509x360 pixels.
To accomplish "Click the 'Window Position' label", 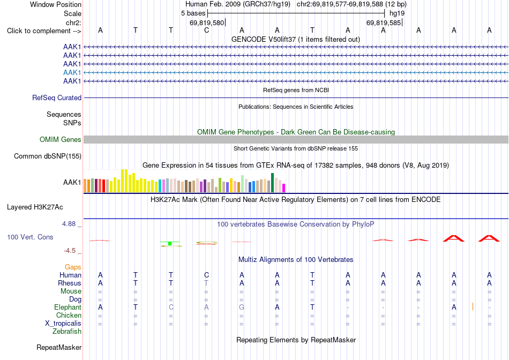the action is click(56, 4).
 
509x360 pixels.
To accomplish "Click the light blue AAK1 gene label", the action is click(72, 72).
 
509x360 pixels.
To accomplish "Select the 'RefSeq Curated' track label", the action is click(57, 97).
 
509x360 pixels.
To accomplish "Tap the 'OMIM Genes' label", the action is click(61, 140).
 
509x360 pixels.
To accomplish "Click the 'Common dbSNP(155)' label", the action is click(48, 156).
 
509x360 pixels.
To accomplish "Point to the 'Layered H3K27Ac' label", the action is click(35, 207).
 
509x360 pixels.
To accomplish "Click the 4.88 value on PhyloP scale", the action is click(69, 224).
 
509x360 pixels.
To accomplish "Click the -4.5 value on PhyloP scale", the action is click(70, 251).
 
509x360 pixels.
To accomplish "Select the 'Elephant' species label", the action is click(68, 307).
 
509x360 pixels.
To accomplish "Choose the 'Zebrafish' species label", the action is click(67, 332).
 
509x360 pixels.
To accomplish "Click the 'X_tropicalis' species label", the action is click(63, 324).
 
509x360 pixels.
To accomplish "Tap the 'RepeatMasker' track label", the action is click(59, 347).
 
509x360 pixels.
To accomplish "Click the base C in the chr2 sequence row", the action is click(206, 31).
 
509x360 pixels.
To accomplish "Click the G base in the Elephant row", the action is click(242, 307).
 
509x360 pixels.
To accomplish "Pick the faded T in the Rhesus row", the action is click(206, 283).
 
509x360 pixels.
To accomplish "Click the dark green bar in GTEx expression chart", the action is click(272, 183).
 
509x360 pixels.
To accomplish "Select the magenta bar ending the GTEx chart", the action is click(284, 188).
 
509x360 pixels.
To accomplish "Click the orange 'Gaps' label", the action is click(73, 267).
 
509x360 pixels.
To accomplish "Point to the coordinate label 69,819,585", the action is click(384, 22).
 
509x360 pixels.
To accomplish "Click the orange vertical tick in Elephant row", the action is click(473, 306).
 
